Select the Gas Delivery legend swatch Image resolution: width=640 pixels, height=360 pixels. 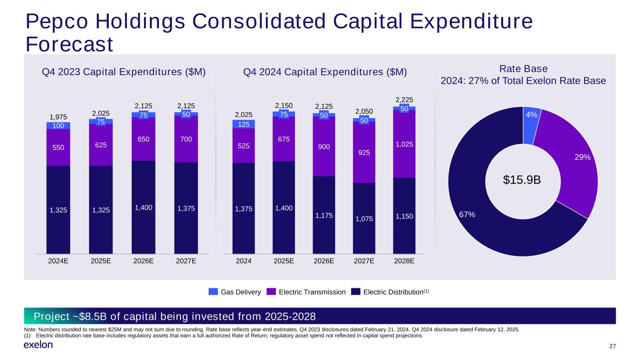click(213, 292)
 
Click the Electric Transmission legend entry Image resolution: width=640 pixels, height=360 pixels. click(306, 292)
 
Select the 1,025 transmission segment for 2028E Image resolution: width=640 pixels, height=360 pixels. click(404, 144)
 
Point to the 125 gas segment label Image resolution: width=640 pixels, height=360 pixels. click(244, 124)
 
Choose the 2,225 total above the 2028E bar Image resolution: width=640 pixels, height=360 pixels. click(404, 99)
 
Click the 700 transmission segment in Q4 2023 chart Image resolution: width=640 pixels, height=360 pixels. click(186, 139)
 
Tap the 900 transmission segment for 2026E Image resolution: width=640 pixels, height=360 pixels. click(324, 146)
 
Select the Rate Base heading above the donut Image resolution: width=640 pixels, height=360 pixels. click(523, 69)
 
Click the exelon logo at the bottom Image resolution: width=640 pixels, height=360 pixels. click(38, 345)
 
